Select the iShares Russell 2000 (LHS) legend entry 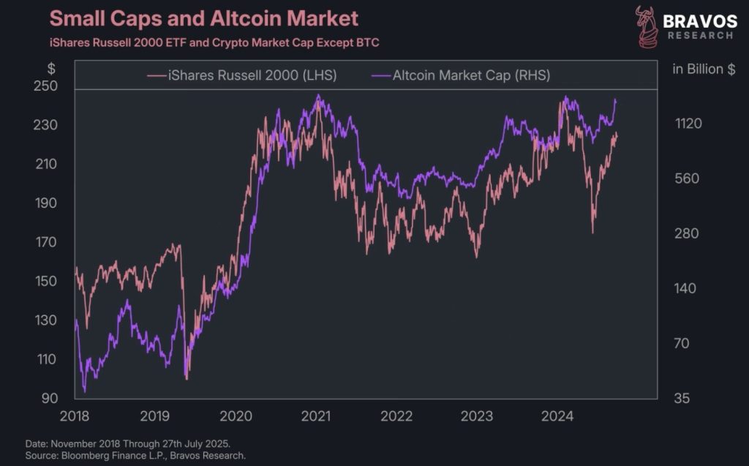(242, 75)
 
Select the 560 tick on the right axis (688, 178)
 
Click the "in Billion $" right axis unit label (704, 69)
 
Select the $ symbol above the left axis (51, 69)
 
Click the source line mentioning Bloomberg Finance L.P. (135, 455)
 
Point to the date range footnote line (128, 443)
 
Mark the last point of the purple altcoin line (616, 100)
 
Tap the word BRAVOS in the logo (700, 20)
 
